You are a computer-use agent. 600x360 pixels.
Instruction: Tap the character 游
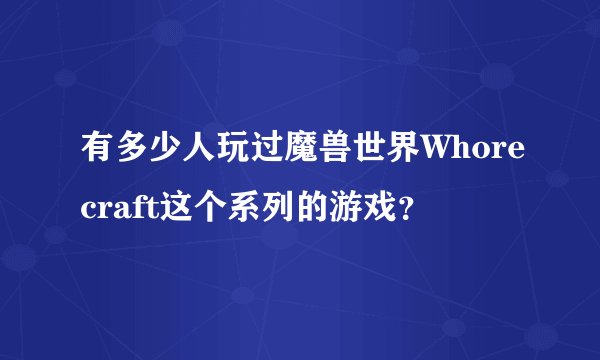[344, 207]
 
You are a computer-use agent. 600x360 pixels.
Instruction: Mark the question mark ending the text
[403, 210]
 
